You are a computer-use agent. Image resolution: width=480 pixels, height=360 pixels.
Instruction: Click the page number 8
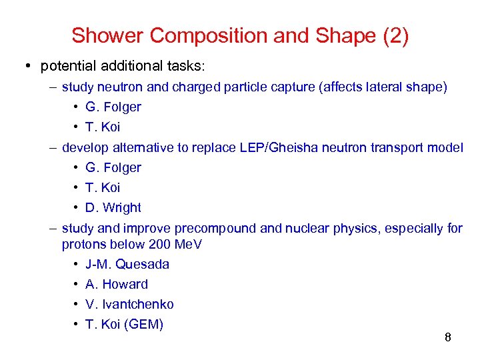coord(448,337)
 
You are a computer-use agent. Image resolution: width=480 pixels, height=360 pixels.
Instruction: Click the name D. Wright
coord(113,207)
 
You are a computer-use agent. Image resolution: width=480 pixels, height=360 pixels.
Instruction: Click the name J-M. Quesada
coord(127,264)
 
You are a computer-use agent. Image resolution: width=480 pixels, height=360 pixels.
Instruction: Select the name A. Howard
coord(117,284)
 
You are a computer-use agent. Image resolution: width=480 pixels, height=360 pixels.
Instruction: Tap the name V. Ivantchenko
coord(129,304)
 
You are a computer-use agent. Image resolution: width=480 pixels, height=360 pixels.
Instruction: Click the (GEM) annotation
coord(142,324)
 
